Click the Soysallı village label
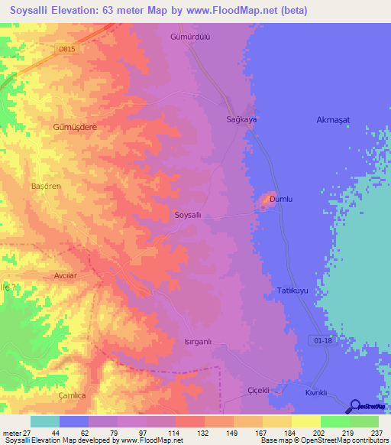point(188,216)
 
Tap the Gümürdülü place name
point(189,36)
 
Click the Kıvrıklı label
point(316,392)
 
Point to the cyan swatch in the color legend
point(45,421)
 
